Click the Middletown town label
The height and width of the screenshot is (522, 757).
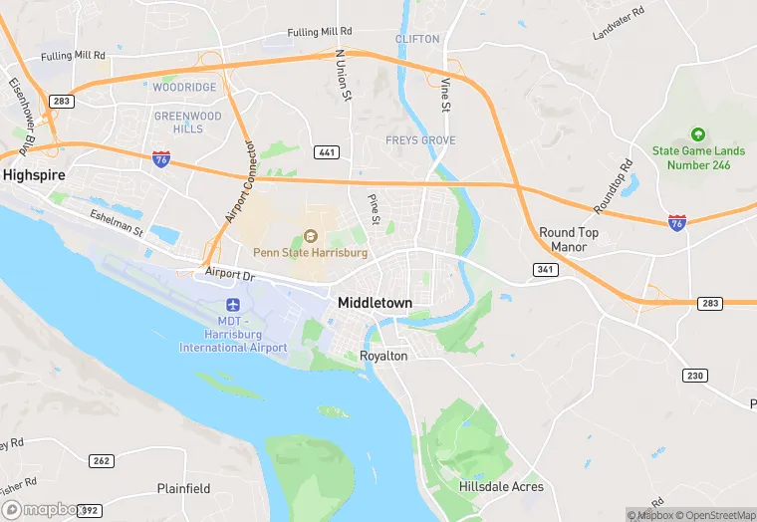click(376, 302)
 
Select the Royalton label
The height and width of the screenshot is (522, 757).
click(383, 356)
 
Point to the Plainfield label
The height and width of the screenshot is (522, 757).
click(183, 488)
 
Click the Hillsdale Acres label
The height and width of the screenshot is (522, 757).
click(501, 486)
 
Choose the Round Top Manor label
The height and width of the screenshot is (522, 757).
click(569, 239)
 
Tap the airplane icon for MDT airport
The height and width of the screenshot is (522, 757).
click(233, 303)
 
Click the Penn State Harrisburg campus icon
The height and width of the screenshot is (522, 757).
click(310, 236)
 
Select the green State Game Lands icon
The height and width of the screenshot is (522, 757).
click(697, 134)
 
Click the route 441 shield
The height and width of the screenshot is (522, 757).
click(327, 151)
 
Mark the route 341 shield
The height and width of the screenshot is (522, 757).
click(544, 269)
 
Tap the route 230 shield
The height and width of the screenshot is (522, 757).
click(695, 375)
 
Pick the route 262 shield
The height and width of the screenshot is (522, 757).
click(101, 460)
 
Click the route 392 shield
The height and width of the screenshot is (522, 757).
click(90, 510)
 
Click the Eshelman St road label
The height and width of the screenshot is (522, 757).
click(117, 223)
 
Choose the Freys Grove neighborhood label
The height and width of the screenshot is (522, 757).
click(420, 140)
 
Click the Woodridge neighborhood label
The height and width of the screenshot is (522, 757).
click(184, 88)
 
